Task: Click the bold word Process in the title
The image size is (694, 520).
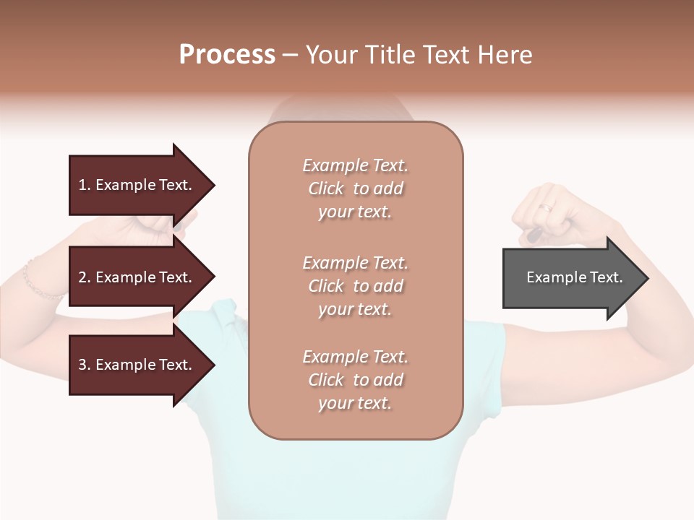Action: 227,55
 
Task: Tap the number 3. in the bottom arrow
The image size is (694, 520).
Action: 85,365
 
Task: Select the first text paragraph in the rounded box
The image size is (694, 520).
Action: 355,188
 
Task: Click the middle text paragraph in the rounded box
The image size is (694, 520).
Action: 355,286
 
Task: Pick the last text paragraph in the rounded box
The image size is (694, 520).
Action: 355,380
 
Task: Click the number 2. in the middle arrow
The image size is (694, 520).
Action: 85,277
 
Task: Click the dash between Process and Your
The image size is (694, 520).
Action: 290,55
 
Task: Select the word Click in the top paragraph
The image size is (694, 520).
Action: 326,188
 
